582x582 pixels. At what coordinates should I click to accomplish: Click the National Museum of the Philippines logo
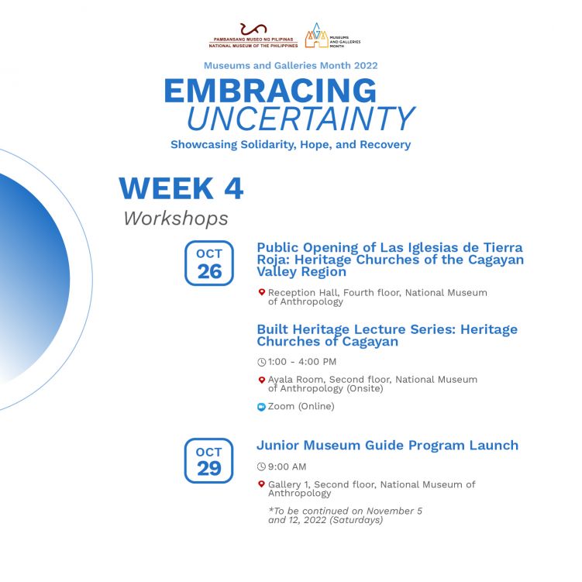253,36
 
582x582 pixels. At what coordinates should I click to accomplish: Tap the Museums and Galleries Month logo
332,36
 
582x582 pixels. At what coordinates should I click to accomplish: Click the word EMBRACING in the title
270,91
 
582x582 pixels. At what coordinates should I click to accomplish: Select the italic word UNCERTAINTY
301,119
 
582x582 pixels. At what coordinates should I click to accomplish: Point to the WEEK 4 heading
181,188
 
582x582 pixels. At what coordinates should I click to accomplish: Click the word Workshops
176,219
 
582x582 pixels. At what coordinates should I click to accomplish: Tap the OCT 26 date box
209,263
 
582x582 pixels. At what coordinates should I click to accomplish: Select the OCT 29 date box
208,460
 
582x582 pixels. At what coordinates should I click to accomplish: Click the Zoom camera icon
261,407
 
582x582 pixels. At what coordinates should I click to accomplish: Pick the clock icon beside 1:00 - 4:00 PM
261,362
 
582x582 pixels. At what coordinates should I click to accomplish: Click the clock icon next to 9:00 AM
261,467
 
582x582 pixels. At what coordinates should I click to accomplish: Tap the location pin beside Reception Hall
262,292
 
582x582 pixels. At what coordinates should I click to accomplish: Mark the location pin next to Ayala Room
262,380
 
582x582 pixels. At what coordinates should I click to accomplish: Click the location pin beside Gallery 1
262,484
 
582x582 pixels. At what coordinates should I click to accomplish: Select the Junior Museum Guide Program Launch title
387,446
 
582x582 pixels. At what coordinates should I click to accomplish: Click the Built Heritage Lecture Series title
387,335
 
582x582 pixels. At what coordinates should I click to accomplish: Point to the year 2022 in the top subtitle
366,66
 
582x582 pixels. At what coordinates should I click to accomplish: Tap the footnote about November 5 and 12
345,515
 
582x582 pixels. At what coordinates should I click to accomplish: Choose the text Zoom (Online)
301,406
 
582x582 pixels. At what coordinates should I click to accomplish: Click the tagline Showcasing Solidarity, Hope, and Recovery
291,144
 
